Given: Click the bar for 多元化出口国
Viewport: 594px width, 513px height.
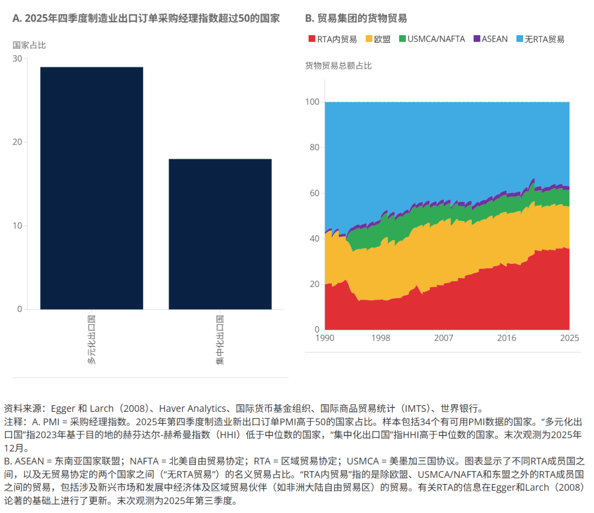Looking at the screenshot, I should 92,187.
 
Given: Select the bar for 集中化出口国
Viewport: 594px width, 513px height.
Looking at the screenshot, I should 220,234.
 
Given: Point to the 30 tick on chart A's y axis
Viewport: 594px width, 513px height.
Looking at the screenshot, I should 18,59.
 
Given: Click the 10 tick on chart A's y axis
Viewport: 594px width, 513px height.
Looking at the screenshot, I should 18,226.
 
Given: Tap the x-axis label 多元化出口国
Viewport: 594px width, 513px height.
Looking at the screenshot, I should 92,341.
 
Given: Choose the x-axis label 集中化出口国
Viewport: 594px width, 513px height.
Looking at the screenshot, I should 220,341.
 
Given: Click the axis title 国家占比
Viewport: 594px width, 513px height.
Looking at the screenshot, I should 29,45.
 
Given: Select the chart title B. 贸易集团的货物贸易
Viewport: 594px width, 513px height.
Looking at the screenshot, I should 356,18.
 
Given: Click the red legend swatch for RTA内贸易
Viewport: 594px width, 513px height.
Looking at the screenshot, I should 311,39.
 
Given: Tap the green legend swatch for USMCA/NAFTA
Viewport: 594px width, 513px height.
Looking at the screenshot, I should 402,39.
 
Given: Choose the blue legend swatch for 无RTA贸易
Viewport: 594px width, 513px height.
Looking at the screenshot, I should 519,39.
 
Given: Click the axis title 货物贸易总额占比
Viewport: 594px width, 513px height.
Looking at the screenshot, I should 338,66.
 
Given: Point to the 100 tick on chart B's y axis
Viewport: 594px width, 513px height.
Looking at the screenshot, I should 312,102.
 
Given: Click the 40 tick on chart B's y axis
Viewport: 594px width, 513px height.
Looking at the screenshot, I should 315,239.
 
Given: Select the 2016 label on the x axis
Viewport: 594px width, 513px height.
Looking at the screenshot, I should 507,338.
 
